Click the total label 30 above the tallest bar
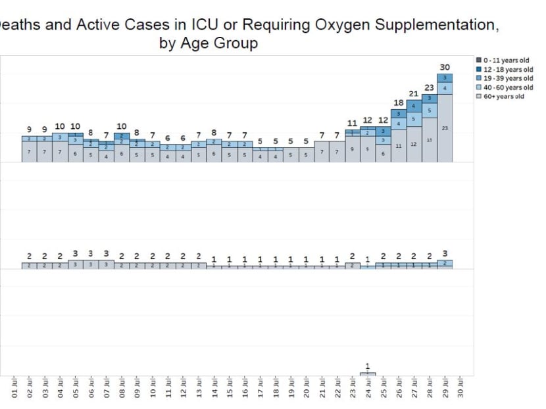pos(445,67)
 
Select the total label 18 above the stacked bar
pos(399,103)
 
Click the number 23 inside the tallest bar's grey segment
pos(445,128)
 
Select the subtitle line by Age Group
pos(208,44)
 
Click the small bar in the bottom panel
pos(368,373)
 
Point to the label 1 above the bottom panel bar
pos(368,366)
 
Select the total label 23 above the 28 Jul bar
pos(429,87)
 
